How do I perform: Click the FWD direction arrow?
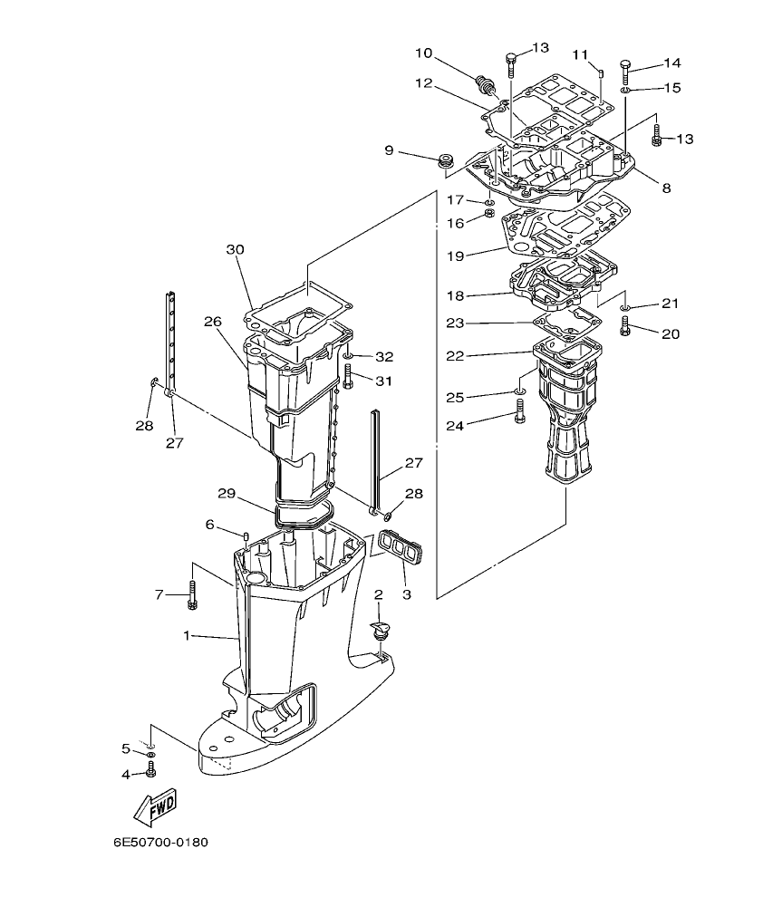(151, 804)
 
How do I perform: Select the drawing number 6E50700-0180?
(160, 843)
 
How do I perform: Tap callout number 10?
(423, 53)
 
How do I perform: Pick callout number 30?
(236, 249)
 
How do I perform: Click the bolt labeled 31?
(348, 376)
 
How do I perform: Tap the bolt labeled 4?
(151, 771)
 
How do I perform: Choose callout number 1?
(187, 636)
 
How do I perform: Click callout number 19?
(455, 256)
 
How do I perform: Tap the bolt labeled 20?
(625, 330)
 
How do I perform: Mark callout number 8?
(666, 188)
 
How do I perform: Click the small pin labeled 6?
(246, 540)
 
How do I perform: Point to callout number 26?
(212, 321)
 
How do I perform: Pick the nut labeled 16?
(488, 213)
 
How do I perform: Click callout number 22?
(455, 355)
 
